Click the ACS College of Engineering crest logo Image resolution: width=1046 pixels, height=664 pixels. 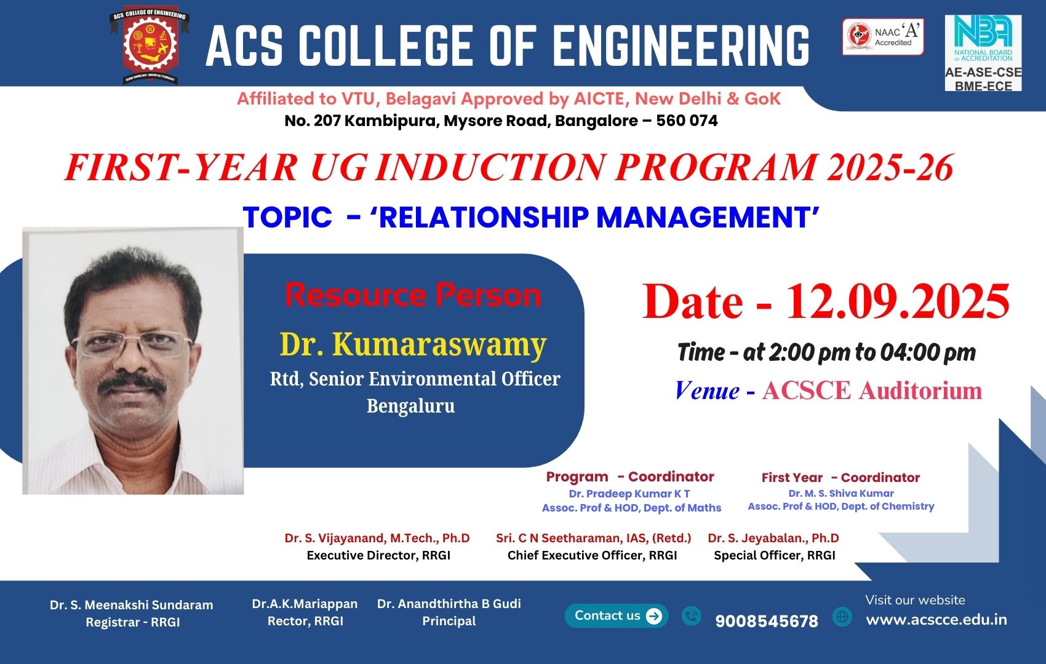click(150, 45)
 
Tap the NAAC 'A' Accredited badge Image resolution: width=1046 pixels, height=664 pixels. click(883, 37)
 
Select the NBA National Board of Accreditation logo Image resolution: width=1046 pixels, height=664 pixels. click(983, 53)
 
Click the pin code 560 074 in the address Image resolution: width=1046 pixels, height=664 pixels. click(687, 121)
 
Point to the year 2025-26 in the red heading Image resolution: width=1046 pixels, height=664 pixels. click(890, 167)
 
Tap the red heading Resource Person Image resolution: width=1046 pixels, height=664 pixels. click(413, 295)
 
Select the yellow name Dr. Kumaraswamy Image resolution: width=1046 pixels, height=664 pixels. click(413, 345)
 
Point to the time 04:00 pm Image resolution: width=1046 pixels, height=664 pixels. click(928, 353)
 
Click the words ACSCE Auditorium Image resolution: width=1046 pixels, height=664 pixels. click(872, 390)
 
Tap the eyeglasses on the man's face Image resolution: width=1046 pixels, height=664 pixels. click(132, 346)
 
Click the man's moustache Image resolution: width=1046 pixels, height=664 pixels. click(133, 384)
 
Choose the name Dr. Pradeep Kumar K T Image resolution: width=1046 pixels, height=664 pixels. click(629, 494)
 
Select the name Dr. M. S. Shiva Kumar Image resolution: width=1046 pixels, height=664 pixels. click(841, 493)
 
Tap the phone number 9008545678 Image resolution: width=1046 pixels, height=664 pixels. click(767, 621)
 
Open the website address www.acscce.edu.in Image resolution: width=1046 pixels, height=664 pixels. click(936, 620)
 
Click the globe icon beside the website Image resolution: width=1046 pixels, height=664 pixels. click(842, 617)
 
